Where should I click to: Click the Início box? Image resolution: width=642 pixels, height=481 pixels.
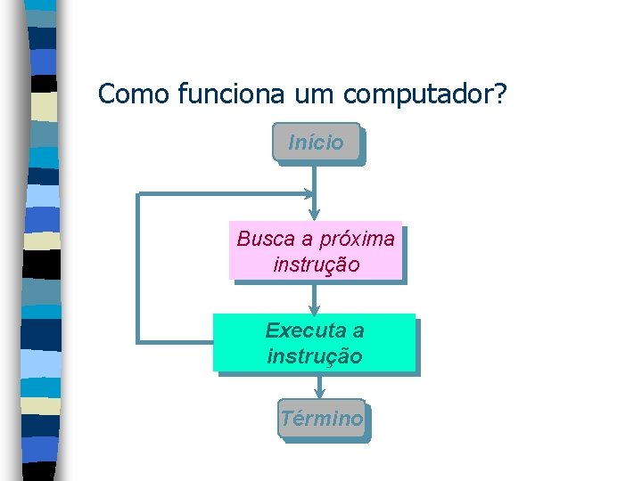[x=317, y=143]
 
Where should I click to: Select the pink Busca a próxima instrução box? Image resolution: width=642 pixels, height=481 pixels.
[x=316, y=251]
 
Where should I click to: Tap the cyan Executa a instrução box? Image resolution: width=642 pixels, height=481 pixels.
[x=315, y=343]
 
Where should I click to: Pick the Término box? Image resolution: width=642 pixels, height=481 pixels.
[x=321, y=419]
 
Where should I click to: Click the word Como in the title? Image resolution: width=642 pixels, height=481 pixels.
[x=135, y=93]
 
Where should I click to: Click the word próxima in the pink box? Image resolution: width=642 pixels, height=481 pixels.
[x=356, y=239]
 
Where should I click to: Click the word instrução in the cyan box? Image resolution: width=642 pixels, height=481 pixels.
[x=315, y=356]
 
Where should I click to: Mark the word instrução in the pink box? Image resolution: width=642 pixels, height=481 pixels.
[x=316, y=265]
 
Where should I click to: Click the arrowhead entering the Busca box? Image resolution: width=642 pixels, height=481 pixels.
[x=315, y=215]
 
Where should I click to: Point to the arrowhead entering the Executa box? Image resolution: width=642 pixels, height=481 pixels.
[x=315, y=308]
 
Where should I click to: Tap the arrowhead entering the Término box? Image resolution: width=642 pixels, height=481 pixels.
[x=319, y=393]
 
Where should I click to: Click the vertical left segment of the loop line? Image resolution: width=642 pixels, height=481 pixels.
[x=137, y=267]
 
